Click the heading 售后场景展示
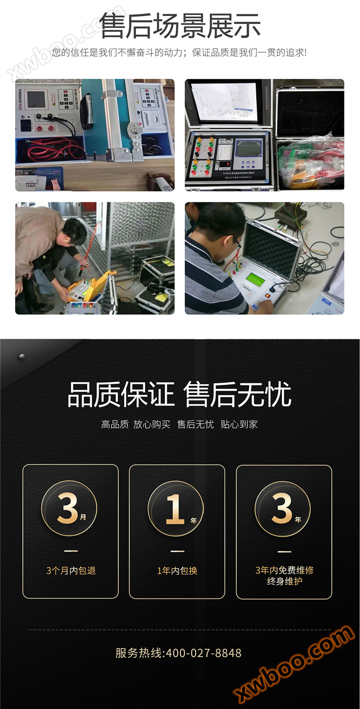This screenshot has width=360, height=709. (x=180, y=26)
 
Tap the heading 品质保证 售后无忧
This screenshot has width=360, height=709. (x=180, y=395)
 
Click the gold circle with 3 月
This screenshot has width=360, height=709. (x=69, y=509)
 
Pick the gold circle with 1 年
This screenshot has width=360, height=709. (x=176, y=509)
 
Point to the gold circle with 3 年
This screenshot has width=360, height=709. (x=283, y=509)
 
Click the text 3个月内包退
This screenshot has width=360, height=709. (x=71, y=571)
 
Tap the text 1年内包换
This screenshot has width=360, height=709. (x=177, y=571)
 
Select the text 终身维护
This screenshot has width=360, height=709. (x=284, y=581)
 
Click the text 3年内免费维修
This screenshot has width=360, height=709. (x=284, y=570)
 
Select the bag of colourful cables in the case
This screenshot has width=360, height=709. (x=311, y=161)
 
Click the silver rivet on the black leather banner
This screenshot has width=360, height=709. (x=21, y=356)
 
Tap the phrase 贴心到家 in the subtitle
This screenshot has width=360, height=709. (x=239, y=424)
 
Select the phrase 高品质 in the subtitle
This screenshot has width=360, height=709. (x=115, y=424)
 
